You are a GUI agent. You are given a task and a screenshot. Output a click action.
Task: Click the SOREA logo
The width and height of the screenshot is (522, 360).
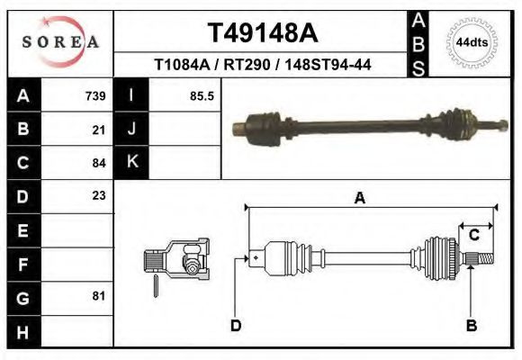coord(60,41)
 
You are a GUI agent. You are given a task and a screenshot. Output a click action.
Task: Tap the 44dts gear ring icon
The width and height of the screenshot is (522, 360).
coord(472,41)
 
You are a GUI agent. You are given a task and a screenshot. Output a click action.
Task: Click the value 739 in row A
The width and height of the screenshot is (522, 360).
coord(94,95)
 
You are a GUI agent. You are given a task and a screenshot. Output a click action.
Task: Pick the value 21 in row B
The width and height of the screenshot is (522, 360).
coord(99,129)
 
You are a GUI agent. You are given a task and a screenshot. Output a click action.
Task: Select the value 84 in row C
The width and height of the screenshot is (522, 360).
coord(99,163)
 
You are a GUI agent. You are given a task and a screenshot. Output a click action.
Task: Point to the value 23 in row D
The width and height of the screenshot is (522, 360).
coord(99,195)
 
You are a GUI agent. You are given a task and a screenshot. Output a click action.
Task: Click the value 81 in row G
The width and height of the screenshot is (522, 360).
coord(99,296)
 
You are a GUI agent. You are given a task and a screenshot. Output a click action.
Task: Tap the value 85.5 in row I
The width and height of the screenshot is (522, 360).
coord(202,95)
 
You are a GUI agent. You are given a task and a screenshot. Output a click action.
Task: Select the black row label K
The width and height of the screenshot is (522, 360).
coord(131,162)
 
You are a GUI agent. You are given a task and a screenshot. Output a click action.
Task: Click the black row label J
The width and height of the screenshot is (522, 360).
coord(131,129)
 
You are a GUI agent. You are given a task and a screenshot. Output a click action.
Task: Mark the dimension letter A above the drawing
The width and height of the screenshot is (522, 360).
coord(359,199)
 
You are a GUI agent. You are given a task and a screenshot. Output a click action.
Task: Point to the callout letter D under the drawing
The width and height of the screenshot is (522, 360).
coord(236,325)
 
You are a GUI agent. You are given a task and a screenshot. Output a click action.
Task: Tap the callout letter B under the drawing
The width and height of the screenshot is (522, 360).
coord(471,325)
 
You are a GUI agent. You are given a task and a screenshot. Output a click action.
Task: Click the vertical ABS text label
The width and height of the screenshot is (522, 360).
coord(418,41)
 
